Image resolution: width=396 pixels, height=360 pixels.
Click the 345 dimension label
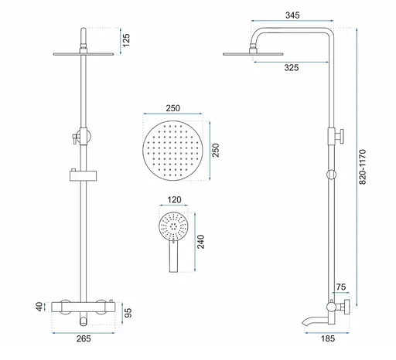(x=292, y=15)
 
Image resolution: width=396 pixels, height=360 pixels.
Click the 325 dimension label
(x=292, y=68)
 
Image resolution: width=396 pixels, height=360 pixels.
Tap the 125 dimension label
(x=126, y=40)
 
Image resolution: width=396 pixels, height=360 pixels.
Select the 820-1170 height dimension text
(x=362, y=167)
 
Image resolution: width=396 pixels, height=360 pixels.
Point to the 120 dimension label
(x=174, y=199)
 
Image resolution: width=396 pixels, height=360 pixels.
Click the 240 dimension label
(x=200, y=242)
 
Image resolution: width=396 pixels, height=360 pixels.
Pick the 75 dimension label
(x=341, y=287)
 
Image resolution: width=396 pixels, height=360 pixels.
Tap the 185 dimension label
(x=328, y=338)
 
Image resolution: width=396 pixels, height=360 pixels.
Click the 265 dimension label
(x=84, y=338)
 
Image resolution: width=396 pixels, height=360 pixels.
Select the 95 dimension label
(x=128, y=313)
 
